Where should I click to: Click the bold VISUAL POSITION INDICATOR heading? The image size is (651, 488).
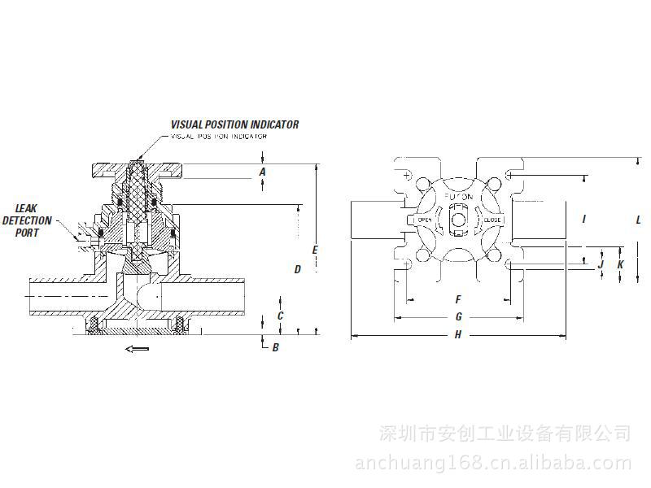pos(234,124)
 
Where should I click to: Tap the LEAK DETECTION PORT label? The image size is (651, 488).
pos(28,220)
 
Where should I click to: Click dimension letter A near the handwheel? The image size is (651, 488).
pos(262,172)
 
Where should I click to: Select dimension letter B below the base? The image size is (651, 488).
pos(275,348)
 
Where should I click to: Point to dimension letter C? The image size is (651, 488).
pos(280,316)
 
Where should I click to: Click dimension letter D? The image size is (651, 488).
pos(298,268)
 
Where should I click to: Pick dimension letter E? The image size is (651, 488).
pos(315,249)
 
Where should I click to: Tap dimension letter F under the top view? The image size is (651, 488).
pos(458,299)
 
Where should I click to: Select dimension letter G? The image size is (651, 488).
pos(458,316)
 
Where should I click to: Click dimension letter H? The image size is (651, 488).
pos(458,334)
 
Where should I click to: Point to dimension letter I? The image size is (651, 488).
pos(583,219)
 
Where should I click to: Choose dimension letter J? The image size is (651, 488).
pos(601,264)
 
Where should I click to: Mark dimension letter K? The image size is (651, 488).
pos(620,264)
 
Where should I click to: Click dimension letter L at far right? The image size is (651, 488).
pos(639,220)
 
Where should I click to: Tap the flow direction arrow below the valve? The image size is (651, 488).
pos(137,350)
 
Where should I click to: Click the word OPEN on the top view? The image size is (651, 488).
pos(423,220)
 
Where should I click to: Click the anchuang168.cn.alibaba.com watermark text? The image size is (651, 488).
pos(493,464)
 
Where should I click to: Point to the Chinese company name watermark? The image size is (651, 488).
pos(505,432)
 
